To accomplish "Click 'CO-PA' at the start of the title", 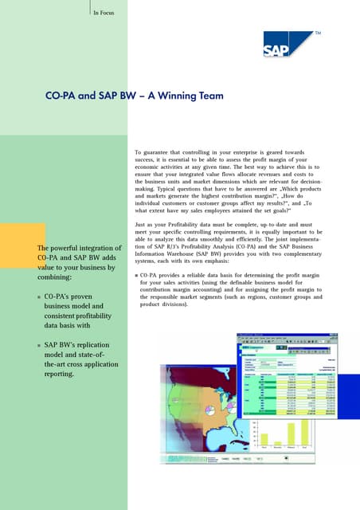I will pos(62,96).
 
